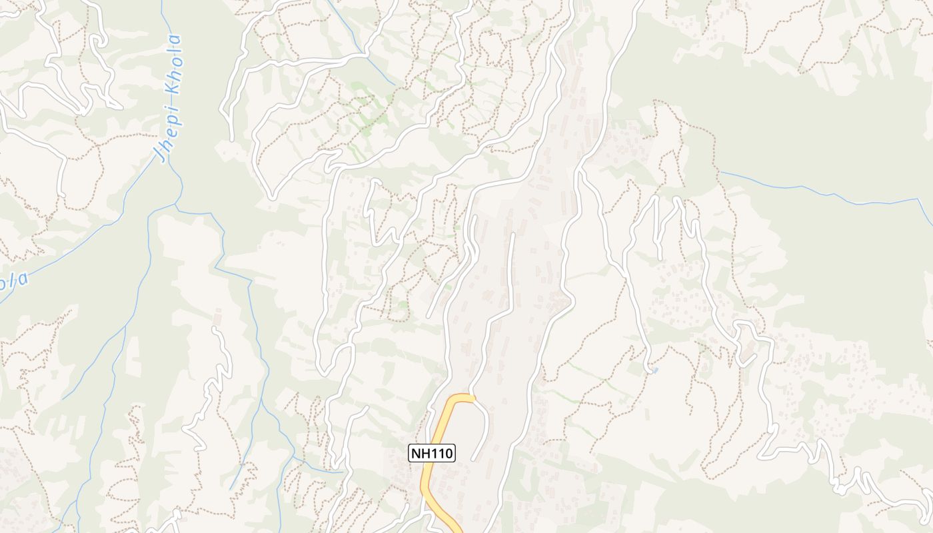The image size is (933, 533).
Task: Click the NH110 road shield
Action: tap(432, 453)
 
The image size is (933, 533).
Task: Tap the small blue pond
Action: tap(655, 370)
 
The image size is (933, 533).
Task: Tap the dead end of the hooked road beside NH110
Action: tap(473, 459)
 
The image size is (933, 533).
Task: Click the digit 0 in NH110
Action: tap(448, 453)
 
